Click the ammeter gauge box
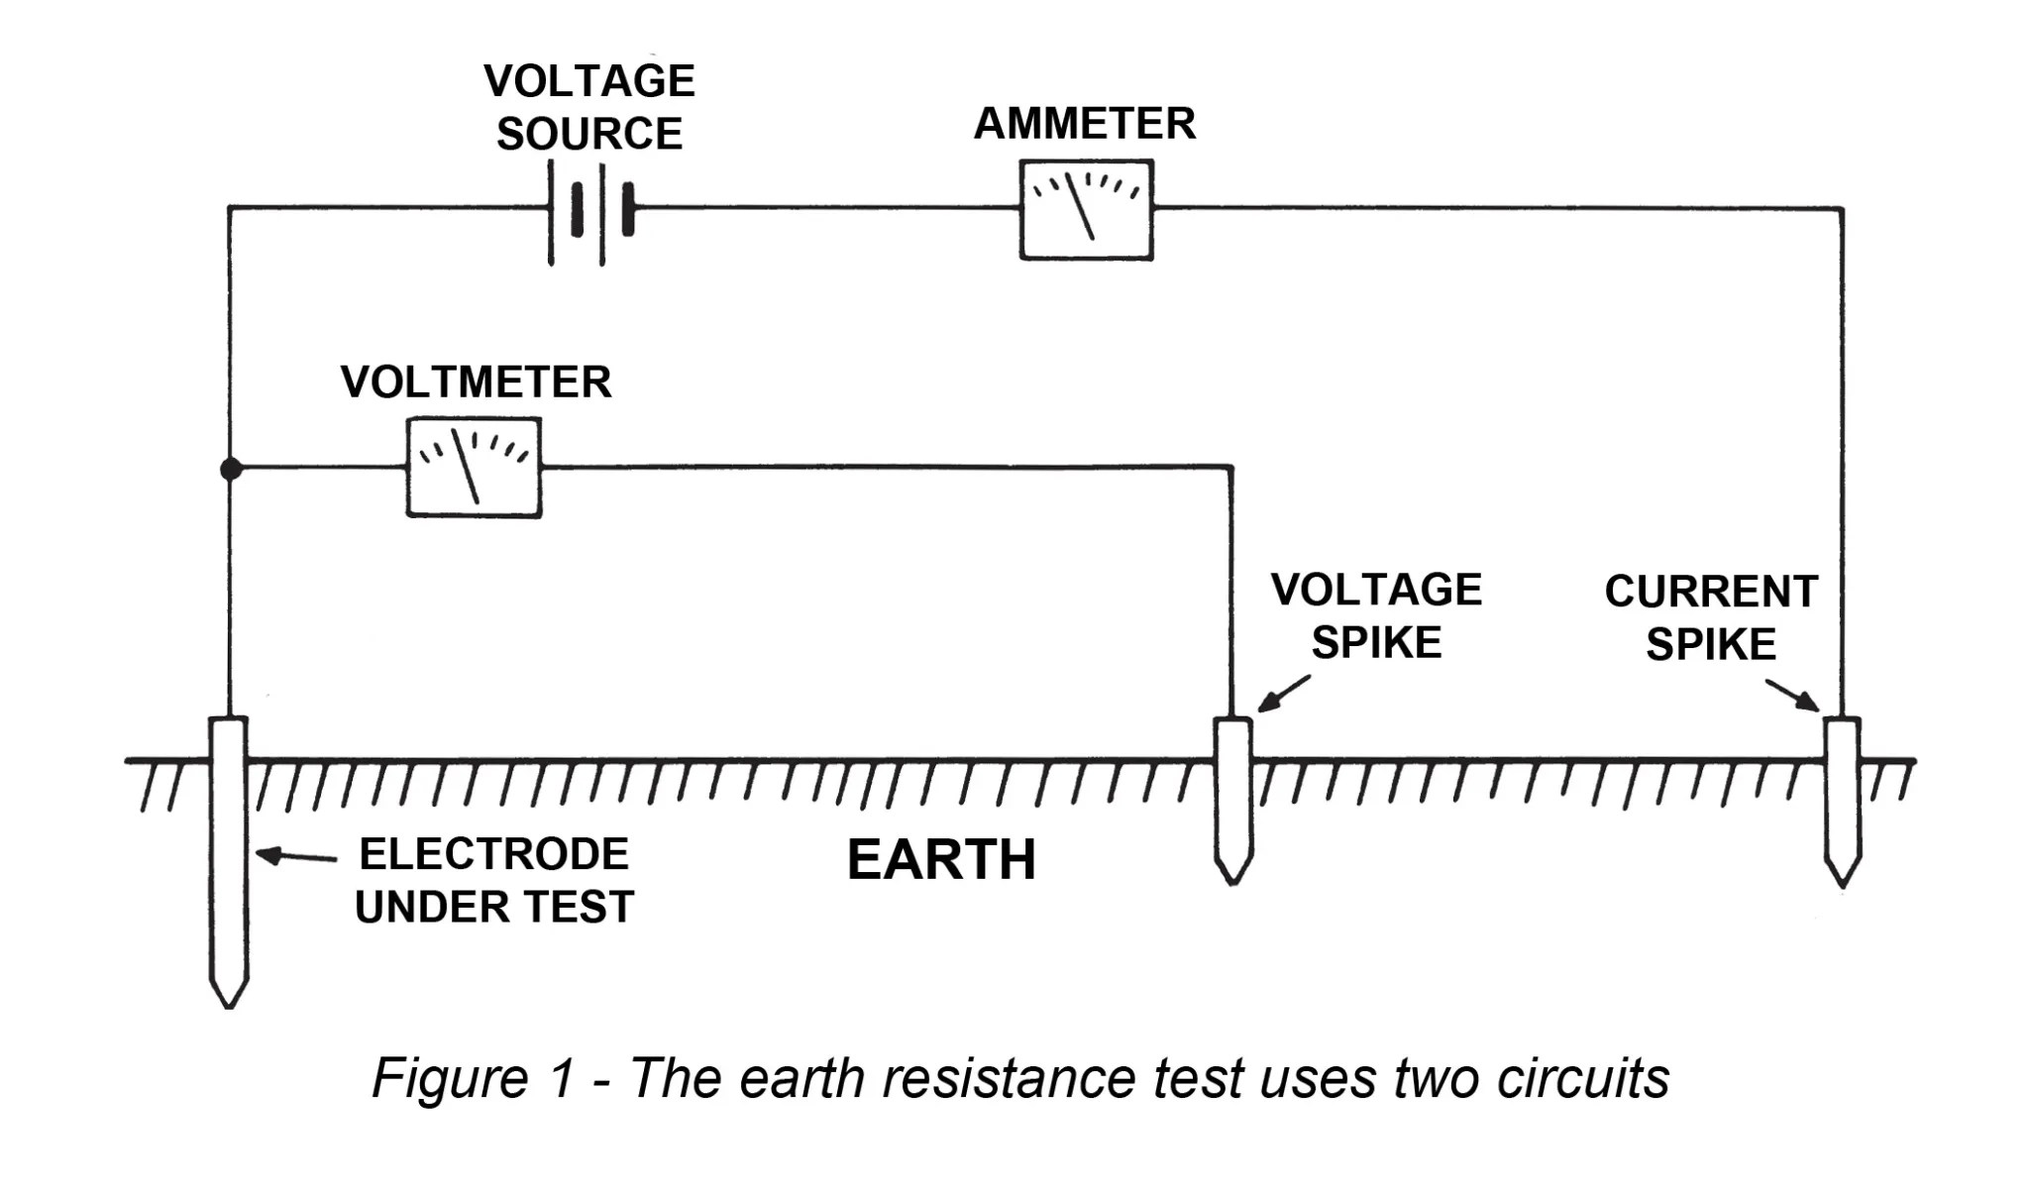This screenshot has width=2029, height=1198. (x=1086, y=210)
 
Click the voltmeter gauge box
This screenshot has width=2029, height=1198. (x=474, y=468)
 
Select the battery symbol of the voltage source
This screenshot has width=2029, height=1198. (x=590, y=210)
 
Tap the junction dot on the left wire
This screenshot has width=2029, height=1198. (x=230, y=469)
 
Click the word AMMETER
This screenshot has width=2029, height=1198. (x=1085, y=124)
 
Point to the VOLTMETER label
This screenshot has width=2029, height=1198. (x=476, y=382)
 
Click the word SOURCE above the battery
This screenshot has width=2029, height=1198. (x=589, y=134)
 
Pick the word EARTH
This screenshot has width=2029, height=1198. (x=941, y=859)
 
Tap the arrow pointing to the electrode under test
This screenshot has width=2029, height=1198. (x=295, y=855)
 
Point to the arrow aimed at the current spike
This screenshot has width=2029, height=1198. (x=1792, y=695)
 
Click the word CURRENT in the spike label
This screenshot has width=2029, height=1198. (x=1711, y=592)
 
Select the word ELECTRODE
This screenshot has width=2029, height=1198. (x=493, y=854)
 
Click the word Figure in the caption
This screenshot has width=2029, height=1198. (x=451, y=1078)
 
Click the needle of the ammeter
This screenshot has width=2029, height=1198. (x=1080, y=206)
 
